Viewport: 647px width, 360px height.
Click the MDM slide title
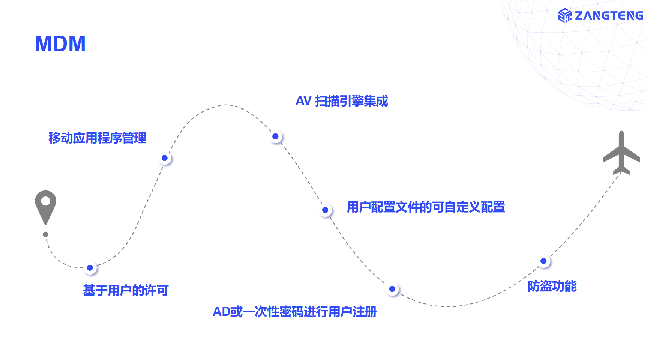tap(60, 44)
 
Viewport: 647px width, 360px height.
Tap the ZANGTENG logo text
tap(609, 15)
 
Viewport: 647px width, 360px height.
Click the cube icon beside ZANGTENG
tap(565, 15)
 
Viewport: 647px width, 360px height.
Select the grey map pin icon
tap(45, 206)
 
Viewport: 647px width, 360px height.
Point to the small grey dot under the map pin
tap(45, 234)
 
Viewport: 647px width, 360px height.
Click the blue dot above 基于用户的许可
tap(90, 268)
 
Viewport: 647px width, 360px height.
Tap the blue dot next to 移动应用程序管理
tap(165, 158)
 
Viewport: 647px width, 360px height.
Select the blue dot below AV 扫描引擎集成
tap(276, 136)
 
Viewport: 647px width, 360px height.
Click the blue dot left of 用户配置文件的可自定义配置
tap(325, 210)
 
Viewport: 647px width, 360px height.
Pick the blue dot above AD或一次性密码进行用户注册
tap(392, 289)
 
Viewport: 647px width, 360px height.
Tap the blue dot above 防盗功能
tap(543, 261)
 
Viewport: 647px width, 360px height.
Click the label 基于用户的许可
tap(126, 290)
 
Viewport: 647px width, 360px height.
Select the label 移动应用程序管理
tap(97, 138)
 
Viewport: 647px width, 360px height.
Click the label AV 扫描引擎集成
tap(342, 101)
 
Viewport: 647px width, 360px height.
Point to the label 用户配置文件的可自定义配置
tap(426, 207)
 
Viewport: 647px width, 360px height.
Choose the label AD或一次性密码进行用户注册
tap(294, 312)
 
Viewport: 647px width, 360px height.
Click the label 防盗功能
tap(552, 286)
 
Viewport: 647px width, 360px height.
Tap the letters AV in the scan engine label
tap(303, 101)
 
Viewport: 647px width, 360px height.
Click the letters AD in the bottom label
tap(221, 312)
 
